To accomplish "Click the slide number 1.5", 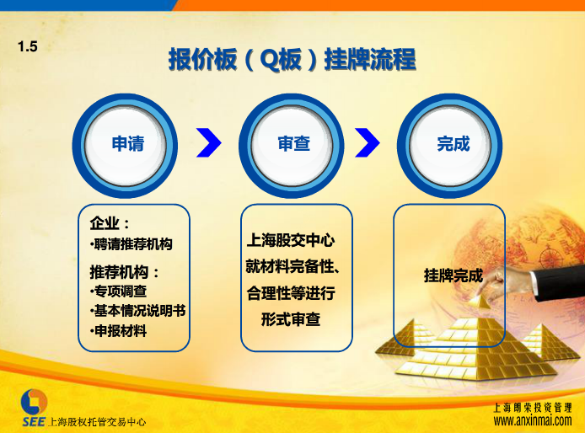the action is [28, 46].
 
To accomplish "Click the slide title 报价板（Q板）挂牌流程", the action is [292, 59].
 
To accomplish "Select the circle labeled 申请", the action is [125, 146].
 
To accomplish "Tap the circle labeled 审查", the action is [292, 146].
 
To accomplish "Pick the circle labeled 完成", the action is [449, 146].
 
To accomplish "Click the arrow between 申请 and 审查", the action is [209, 142].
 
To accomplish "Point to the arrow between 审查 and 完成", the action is [368, 142].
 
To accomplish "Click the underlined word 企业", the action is [105, 223].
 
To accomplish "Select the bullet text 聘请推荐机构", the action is [131, 244].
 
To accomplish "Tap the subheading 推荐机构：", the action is [125, 272].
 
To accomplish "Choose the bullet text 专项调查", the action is [118, 291].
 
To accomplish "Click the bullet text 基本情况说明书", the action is [137, 311].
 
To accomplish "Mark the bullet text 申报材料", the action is [118, 331].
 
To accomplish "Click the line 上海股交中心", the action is [291, 240].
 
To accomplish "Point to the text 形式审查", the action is [291, 319].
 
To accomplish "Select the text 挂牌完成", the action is [454, 275].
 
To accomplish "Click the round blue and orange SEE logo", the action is [34, 402].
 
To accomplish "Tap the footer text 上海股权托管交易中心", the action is [98, 422].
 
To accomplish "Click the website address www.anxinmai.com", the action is [533, 420].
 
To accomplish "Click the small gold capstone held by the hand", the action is [479, 302].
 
